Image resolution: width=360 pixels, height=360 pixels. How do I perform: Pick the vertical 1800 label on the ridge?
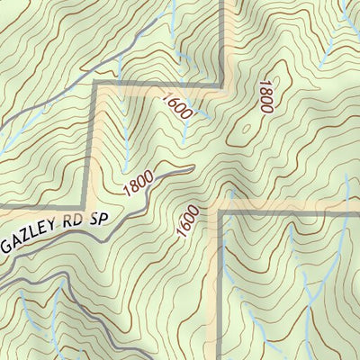pyautogui.click(x=265, y=95)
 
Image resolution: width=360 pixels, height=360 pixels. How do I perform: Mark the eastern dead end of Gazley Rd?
pyautogui.click(x=192, y=167)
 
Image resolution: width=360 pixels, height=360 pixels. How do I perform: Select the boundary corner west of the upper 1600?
pyautogui.click(x=94, y=85)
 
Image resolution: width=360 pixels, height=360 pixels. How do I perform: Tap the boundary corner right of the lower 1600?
pyautogui.click(x=217, y=208)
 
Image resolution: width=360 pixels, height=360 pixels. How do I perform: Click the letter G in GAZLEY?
pyautogui.click(x=7, y=248)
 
